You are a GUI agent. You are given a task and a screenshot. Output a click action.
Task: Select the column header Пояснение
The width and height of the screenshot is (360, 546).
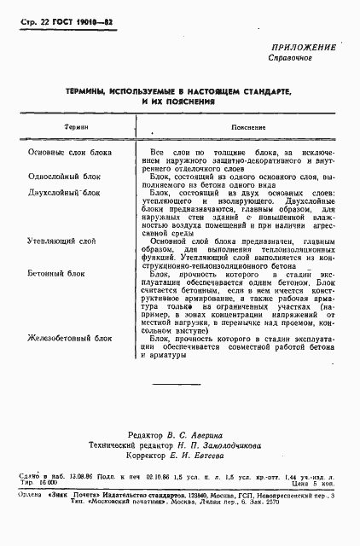click(x=241, y=126)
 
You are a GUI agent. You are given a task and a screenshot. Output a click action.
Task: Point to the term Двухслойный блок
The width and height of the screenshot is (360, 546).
click(x=64, y=193)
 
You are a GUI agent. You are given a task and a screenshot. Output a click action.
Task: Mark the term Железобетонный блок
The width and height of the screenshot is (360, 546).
click(x=70, y=339)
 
